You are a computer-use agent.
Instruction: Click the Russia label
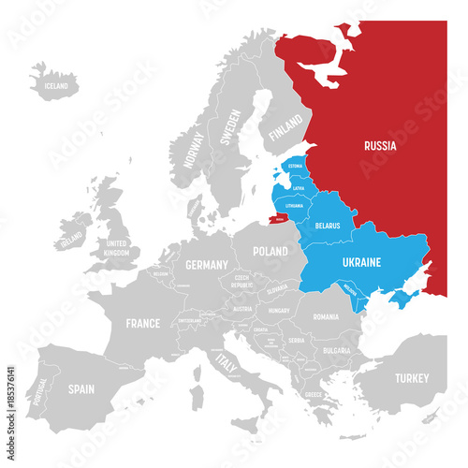click(380, 146)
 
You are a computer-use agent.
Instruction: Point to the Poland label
click(270, 252)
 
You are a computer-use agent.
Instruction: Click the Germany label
click(206, 265)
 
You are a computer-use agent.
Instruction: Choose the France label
click(142, 324)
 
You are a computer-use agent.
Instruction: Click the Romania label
click(327, 317)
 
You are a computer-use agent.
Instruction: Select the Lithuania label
click(293, 205)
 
